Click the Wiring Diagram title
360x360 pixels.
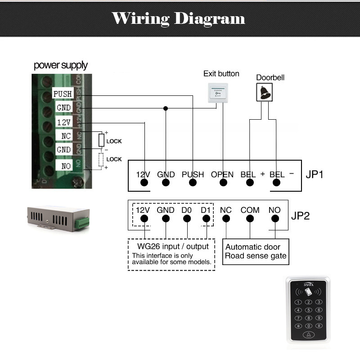click(x=178, y=18)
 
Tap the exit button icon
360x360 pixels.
click(x=218, y=92)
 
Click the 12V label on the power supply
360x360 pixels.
click(x=63, y=122)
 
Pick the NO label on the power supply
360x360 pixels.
click(x=66, y=166)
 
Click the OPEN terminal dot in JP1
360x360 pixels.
click(x=223, y=183)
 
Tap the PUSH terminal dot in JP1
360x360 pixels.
click(x=193, y=183)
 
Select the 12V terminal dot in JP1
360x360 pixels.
click(x=144, y=183)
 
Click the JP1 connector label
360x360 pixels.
click(x=315, y=174)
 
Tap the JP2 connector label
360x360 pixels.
click(x=300, y=215)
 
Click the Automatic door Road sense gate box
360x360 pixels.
click(x=256, y=252)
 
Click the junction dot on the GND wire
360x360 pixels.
click(x=166, y=108)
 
